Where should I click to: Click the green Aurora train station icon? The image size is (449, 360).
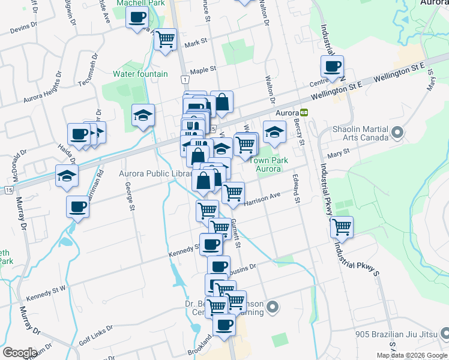point(304,112)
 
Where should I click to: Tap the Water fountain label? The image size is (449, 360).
point(140,74)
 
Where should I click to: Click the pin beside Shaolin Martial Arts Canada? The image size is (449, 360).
point(396,131)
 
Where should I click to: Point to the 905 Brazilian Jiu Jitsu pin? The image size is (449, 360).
point(444,333)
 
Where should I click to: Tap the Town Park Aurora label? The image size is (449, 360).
point(268,164)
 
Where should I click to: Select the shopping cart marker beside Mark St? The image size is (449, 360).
point(165,40)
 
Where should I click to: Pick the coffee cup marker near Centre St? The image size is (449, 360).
point(332,66)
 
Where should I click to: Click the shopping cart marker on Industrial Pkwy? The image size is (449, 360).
point(342,227)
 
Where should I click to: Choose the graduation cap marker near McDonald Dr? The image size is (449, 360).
point(67,175)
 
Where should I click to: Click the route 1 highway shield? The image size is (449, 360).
point(185,79)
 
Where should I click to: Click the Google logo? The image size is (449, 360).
point(19,353)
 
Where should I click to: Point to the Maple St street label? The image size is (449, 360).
point(203,70)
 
